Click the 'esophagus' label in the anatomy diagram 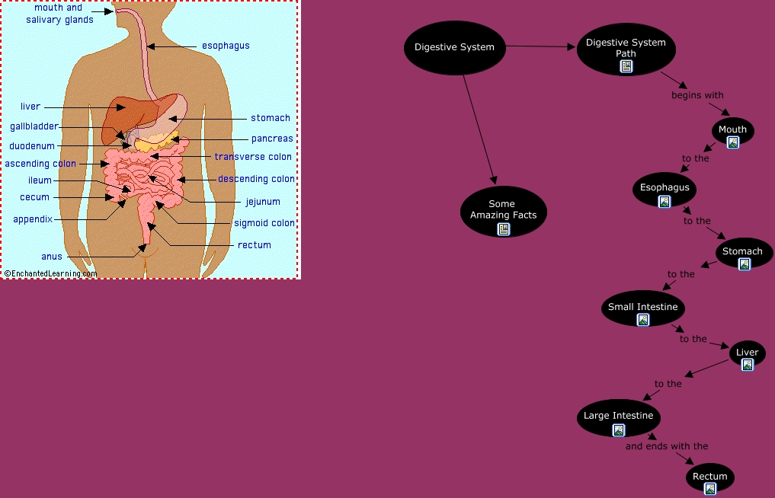[x=226, y=46]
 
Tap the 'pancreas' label [x=272, y=139]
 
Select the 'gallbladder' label [x=34, y=126]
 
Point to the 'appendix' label [x=33, y=219]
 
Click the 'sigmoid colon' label [x=264, y=223]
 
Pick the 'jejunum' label [x=263, y=202]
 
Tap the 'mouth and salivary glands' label [x=59, y=14]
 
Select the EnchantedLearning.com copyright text [x=50, y=273]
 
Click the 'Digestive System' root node [x=454, y=47]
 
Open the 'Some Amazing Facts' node [x=503, y=210]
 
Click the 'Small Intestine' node [x=642, y=308]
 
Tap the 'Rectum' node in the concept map [x=709, y=477]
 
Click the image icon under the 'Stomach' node [x=744, y=264]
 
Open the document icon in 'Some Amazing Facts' [x=503, y=228]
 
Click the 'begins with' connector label [x=697, y=95]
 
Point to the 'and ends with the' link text [x=667, y=446]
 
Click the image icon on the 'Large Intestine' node [x=619, y=429]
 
